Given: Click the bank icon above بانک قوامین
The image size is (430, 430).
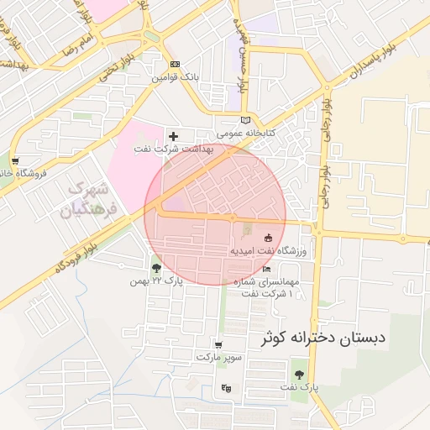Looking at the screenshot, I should (175, 64).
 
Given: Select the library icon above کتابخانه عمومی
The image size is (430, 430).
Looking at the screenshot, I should (245, 120).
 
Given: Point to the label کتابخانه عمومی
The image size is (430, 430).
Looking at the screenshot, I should (240, 134).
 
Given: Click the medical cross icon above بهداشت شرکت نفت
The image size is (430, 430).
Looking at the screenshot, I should (174, 135).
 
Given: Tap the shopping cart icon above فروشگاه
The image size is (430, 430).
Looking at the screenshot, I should (15, 160).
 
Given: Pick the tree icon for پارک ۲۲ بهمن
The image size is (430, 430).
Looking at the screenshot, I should (156, 268).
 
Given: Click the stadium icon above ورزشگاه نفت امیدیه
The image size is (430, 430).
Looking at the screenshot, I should (268, 238).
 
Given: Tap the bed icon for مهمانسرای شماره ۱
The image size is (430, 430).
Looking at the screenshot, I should (267, 270).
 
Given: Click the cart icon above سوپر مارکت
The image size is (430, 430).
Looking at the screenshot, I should (218, 344).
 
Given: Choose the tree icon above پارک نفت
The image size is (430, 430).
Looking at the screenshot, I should (298, 374).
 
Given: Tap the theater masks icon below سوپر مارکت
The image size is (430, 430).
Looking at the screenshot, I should (225, 388).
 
